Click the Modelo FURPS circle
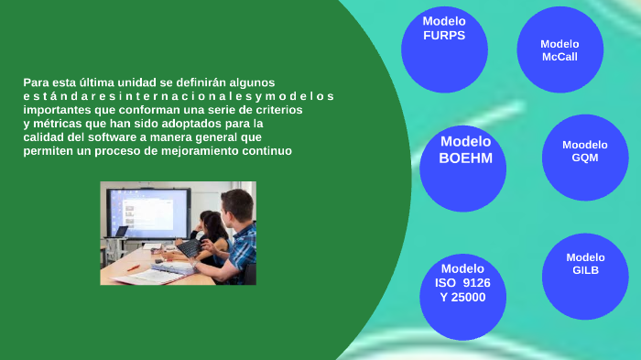(x=444, y=49)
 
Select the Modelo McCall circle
(x=560, y=50)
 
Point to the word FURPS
(x=444, y=36)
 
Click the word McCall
(x=560, y=57)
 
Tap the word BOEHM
(x=465, y=158)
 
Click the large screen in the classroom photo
(x=146, y=211)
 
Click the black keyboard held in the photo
(x=190, y=248)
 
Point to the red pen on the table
(x=134, y=267)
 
